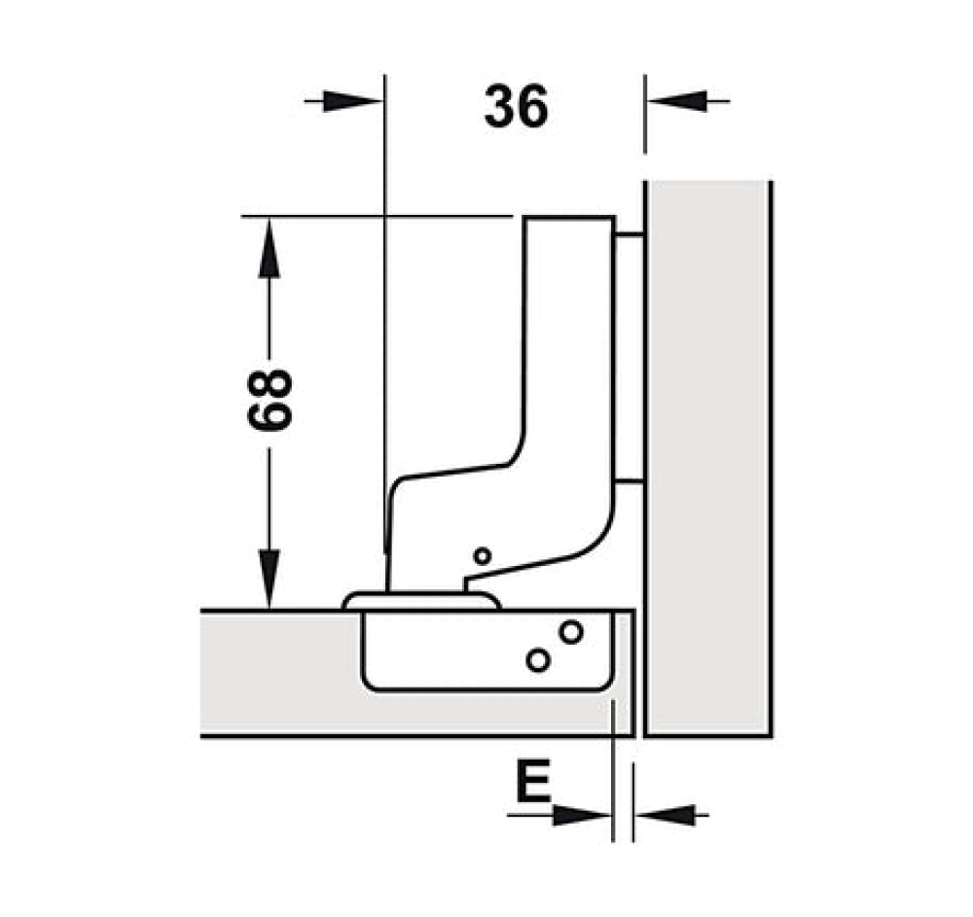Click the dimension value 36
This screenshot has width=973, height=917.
click(517, 107)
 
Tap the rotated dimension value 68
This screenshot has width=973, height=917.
click(270, 400)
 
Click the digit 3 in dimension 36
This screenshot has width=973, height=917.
click(500, 107)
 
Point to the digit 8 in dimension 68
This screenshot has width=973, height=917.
click(270, 384)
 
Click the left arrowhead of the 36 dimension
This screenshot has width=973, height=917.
click(352, 101)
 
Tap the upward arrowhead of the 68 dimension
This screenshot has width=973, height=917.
click(269, 248)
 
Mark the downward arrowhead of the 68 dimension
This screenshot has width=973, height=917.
click(269, 580)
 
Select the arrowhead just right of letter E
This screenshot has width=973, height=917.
click(582, 815)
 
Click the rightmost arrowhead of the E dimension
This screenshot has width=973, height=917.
click(665, 815)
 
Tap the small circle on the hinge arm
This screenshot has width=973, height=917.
click(483, 556)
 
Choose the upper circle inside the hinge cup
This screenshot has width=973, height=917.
click(570, 632)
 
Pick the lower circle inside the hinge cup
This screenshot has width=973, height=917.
click(538, 660)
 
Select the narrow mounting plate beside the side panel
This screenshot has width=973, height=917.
click(630, 358)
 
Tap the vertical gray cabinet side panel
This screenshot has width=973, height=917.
click(707, 459)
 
